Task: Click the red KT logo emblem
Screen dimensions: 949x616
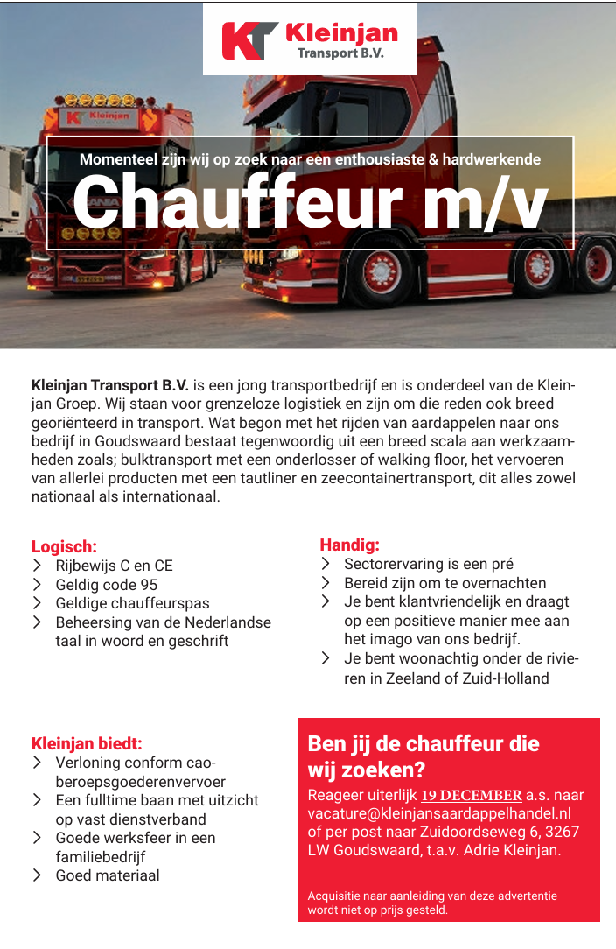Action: click(249, 39)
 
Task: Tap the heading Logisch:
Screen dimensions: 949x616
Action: click(64, 547)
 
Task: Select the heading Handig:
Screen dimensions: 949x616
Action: click(349, 545)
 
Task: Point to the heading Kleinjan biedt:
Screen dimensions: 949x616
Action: click(87, 744)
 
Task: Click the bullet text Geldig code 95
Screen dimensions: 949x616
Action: click(107, 585)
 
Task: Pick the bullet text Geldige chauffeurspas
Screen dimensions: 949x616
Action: click(132, 603)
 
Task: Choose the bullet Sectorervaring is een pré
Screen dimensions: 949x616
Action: click(428, 565)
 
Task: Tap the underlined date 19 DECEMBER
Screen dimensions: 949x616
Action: click(472, 796)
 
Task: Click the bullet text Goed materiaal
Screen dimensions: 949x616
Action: click(108, 875)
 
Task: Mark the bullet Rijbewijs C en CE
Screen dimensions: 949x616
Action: click(115, 566)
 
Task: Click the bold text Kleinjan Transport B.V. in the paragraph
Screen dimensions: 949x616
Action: click(110, 385)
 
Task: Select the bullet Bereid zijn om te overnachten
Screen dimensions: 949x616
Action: click(444, 583)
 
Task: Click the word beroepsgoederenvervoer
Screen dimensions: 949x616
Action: click(140, 782)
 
